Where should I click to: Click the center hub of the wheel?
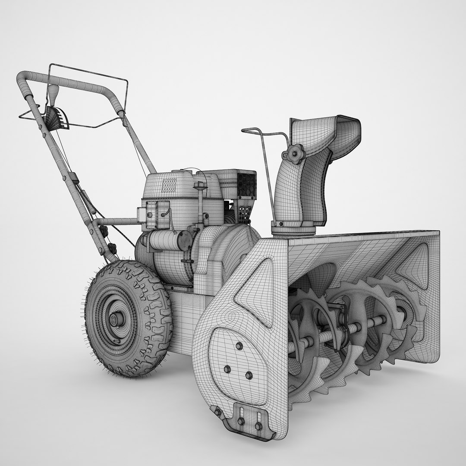116,320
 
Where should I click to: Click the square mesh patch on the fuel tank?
169,185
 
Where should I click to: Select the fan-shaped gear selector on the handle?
57,118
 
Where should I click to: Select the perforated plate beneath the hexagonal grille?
244,212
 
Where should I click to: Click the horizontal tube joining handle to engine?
116,222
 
